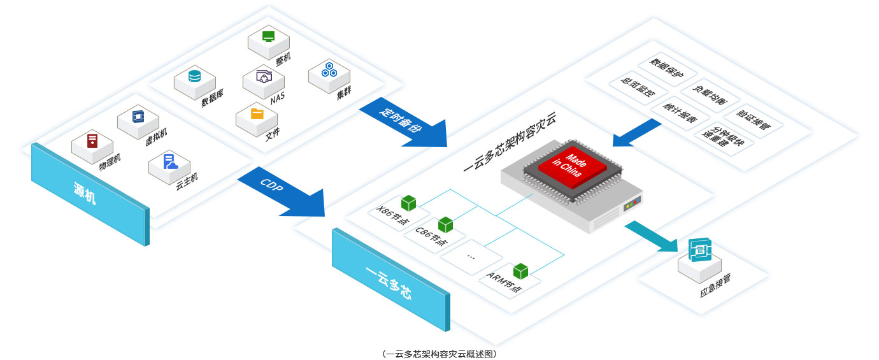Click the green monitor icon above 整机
[268, 36]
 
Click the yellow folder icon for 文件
[257, 114]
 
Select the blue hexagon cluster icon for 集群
[329, 69]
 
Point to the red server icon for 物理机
[93, 140]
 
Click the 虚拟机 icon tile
[138, 117]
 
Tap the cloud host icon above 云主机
[170, 162]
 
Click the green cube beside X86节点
[408, 203]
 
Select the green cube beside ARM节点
[520, 271]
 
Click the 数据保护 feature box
[666, 68]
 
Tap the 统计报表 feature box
[679, 112]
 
